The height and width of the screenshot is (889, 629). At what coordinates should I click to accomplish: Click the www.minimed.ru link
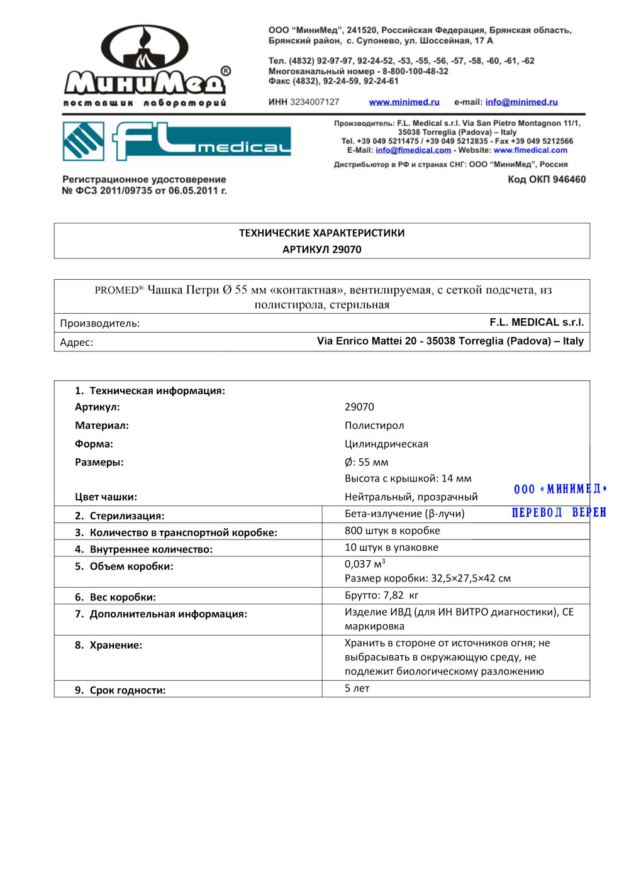pyautogui.click(x=404, y=102)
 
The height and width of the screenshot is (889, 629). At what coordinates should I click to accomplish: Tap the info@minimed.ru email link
pyautogui.click(x=521, y=102)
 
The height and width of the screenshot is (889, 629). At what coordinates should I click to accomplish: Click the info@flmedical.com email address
pyautogui.click(x=413, y=150)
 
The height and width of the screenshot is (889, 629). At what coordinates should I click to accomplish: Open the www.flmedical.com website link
pyautogui.click(x=530, y=150)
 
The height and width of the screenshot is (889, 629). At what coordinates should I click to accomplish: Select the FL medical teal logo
pyautogui.click(x=177, y=141)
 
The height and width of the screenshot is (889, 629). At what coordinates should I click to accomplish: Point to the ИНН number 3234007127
pyautogui.click(x=314, y=102)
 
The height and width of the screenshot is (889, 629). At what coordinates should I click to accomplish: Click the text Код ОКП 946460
pyautogui.click(x=547, y=179)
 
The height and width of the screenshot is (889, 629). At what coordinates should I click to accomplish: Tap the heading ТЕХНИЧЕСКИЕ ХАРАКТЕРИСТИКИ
pyautogui.click(x=322, y=233)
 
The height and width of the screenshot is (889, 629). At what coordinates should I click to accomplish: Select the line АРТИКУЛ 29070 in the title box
pyautogui.click(x=322, y=250)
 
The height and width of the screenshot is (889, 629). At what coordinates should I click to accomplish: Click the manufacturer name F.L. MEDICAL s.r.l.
pyautogui.click(x=537, y=323)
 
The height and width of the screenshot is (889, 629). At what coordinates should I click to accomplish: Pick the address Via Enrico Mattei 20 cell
pyautogui.click(x=450, y=341)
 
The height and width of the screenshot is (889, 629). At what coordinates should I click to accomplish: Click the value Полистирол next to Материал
pyautogui.click(x=374, y=426)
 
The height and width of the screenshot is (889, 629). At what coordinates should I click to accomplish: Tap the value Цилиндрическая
pyautogui.click(x=386, y=444)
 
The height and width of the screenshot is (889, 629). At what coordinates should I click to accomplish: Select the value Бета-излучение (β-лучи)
pyautogui.click(x=404, y=514)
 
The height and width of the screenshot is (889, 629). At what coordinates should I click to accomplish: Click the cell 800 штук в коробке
pyautogui.click(x=392, y=531)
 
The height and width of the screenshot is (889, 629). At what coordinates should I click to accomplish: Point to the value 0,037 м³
pyautogui.click(x=365, y=564)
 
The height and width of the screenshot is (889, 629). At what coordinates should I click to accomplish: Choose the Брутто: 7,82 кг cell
pyautogui.click(x=381, y=595)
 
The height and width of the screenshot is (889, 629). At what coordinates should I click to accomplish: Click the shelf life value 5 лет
pyautogui.click(x=357, y=688)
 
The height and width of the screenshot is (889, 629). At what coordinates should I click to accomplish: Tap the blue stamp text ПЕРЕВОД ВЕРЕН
pyautogui.click(x=559, y=512)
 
